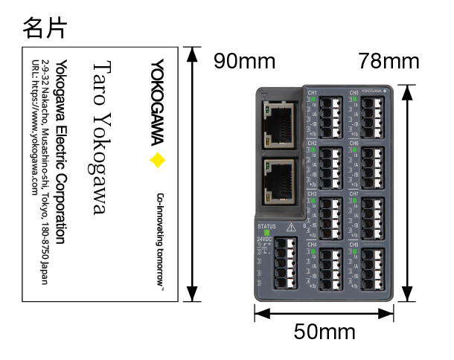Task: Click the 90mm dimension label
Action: [244, 61]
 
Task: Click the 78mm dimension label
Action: [389, 61]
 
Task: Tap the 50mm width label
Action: [324, 332]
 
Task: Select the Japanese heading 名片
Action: [45, 28]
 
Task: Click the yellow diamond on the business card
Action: [156, 160]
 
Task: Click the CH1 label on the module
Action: [313, 93]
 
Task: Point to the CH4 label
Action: [313, 244]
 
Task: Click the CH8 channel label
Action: [354, 244]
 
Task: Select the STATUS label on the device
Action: [266, 225]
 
